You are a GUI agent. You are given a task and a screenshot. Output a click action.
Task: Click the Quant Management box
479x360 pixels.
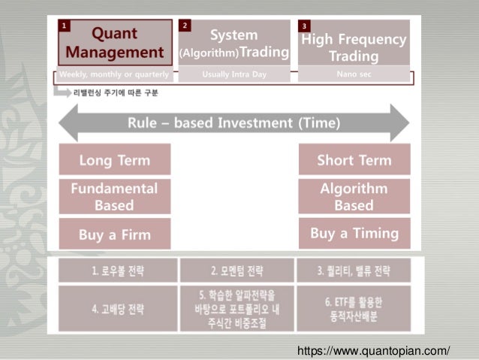click(x=115, y=43)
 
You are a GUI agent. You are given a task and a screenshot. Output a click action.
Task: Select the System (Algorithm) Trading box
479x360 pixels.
click(x=233, y=43)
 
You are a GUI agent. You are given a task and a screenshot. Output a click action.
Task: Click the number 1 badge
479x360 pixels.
click(x=65, y=26)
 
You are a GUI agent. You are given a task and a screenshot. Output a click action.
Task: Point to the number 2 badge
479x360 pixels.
click(x=185, y=26)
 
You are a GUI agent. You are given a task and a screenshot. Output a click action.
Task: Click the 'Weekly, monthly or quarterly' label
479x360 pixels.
click(x=115, y=75)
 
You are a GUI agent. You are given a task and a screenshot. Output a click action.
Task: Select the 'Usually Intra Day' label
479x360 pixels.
click(x=233, y=75)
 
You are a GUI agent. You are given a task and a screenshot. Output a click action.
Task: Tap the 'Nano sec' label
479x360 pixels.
click(x=354, y=75)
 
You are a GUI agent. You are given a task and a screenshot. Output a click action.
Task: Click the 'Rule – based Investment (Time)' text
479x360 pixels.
click(x=233, y=123)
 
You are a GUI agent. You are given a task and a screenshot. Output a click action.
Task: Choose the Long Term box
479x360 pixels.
click(x=115, y=160)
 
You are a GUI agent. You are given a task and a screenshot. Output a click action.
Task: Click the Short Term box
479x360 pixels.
click(x=354, y=160)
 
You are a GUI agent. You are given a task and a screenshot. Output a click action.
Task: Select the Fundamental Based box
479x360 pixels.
click(x=115, y=196)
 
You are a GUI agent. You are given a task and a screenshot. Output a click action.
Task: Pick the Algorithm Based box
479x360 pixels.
click(x=354, y=196)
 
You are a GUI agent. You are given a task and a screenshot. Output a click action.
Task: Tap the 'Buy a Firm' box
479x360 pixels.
click(x=115, y=234)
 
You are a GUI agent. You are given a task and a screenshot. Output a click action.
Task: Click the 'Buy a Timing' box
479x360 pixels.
click(x=354, y=233)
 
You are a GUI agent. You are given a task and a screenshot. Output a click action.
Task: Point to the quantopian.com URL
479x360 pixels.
click(x=373, y=350)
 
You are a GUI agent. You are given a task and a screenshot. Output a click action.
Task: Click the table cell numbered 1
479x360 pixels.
click(x=117, y=270)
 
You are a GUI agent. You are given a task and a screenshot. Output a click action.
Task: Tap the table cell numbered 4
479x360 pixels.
click(x=117, y=308)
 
